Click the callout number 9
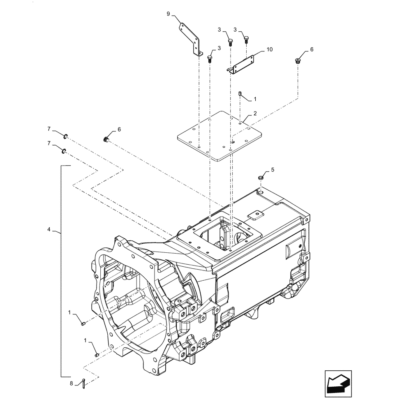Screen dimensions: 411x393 pyautogui.click(x=168, y=14)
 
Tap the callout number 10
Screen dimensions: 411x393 pyautogui.click(x=269, y=49)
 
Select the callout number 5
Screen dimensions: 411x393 pyautogui.click(x=271, y=169)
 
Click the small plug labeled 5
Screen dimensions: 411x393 pyautogui.click(x=260, y=178)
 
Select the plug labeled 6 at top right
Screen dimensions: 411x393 pyautogui.click(x=298, y=61)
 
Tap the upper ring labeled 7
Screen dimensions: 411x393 pyautogui.click(x=65, y=136)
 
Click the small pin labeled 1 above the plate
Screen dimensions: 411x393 pyautogui.click(x=240, y=94)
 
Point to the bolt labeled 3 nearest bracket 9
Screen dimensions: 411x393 pyautogui.click(x=210, y=58)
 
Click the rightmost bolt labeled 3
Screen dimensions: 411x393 pyautogui.click(x=246, y=39)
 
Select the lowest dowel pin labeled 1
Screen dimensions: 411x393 pyautogui.click(x=97, y=355)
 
